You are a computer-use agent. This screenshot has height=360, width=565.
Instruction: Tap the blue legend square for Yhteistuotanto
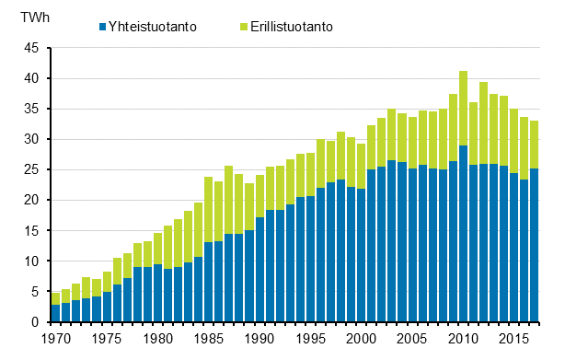[101, 27]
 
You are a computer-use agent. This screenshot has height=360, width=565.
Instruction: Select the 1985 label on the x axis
[209, 338]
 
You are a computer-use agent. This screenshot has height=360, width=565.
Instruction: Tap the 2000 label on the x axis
[363, 338]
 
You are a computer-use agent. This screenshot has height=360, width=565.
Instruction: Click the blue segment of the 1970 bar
[54, 313]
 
